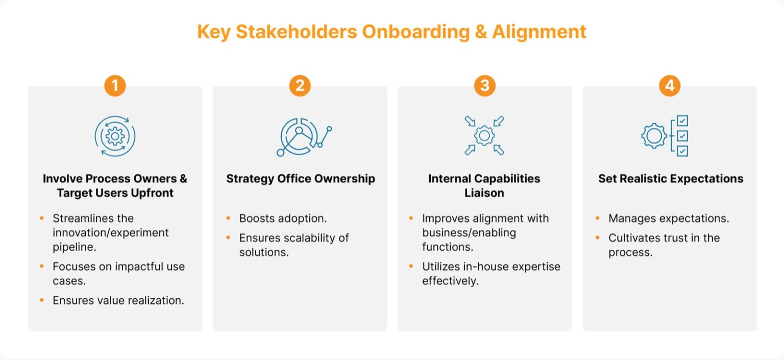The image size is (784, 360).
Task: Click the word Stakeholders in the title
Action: [297, 32]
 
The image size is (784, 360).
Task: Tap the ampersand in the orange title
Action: [481, 32]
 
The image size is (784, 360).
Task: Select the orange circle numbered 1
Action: [115, 86]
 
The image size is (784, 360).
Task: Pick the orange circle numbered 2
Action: [300, 86]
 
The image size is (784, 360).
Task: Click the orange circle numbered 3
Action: [485, 86]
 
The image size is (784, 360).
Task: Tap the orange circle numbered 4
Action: [670, 86]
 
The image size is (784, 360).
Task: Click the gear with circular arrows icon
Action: [115, 136]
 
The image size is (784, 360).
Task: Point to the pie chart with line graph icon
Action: [304, 136]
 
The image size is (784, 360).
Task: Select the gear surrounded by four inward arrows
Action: [484, 135]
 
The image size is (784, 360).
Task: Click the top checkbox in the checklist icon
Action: [682, 121]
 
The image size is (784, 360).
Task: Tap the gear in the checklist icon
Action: [654, 136]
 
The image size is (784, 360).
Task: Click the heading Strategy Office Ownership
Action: [301, 179]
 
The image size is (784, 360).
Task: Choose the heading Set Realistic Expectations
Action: [671, 179]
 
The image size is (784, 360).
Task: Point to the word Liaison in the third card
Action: [484, 193]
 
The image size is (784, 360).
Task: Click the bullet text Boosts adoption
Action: [283, 219]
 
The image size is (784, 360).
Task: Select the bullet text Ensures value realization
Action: [118, 300]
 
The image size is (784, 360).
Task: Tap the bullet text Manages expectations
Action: [669, 219]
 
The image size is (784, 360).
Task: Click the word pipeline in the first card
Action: [74, 247]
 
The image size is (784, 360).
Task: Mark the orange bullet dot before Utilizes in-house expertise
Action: [411, 267]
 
